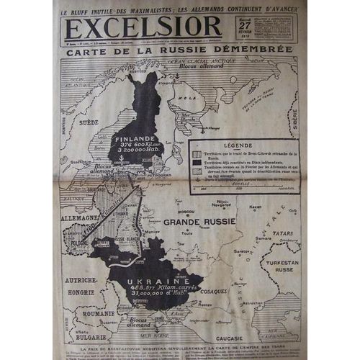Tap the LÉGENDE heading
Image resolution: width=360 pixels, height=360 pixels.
242,144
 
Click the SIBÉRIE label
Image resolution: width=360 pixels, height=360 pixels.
294,115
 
